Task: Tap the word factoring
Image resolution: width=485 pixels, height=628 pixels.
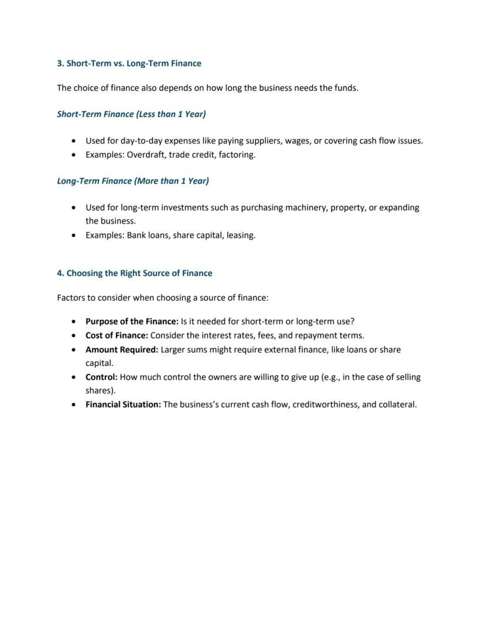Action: tap(237, 155)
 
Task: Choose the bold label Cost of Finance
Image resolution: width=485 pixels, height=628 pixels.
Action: tap(117, 335)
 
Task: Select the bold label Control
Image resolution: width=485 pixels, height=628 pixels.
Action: tap(101, 377)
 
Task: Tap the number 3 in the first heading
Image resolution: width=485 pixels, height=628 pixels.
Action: tap(60, 63)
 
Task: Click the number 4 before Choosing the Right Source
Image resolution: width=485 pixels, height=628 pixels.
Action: tap(60, 273)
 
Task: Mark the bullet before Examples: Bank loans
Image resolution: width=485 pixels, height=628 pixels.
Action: tap(73, 236)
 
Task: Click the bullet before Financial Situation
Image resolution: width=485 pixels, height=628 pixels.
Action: tap(73, 405)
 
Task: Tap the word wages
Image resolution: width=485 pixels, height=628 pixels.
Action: tap(297, 141)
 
